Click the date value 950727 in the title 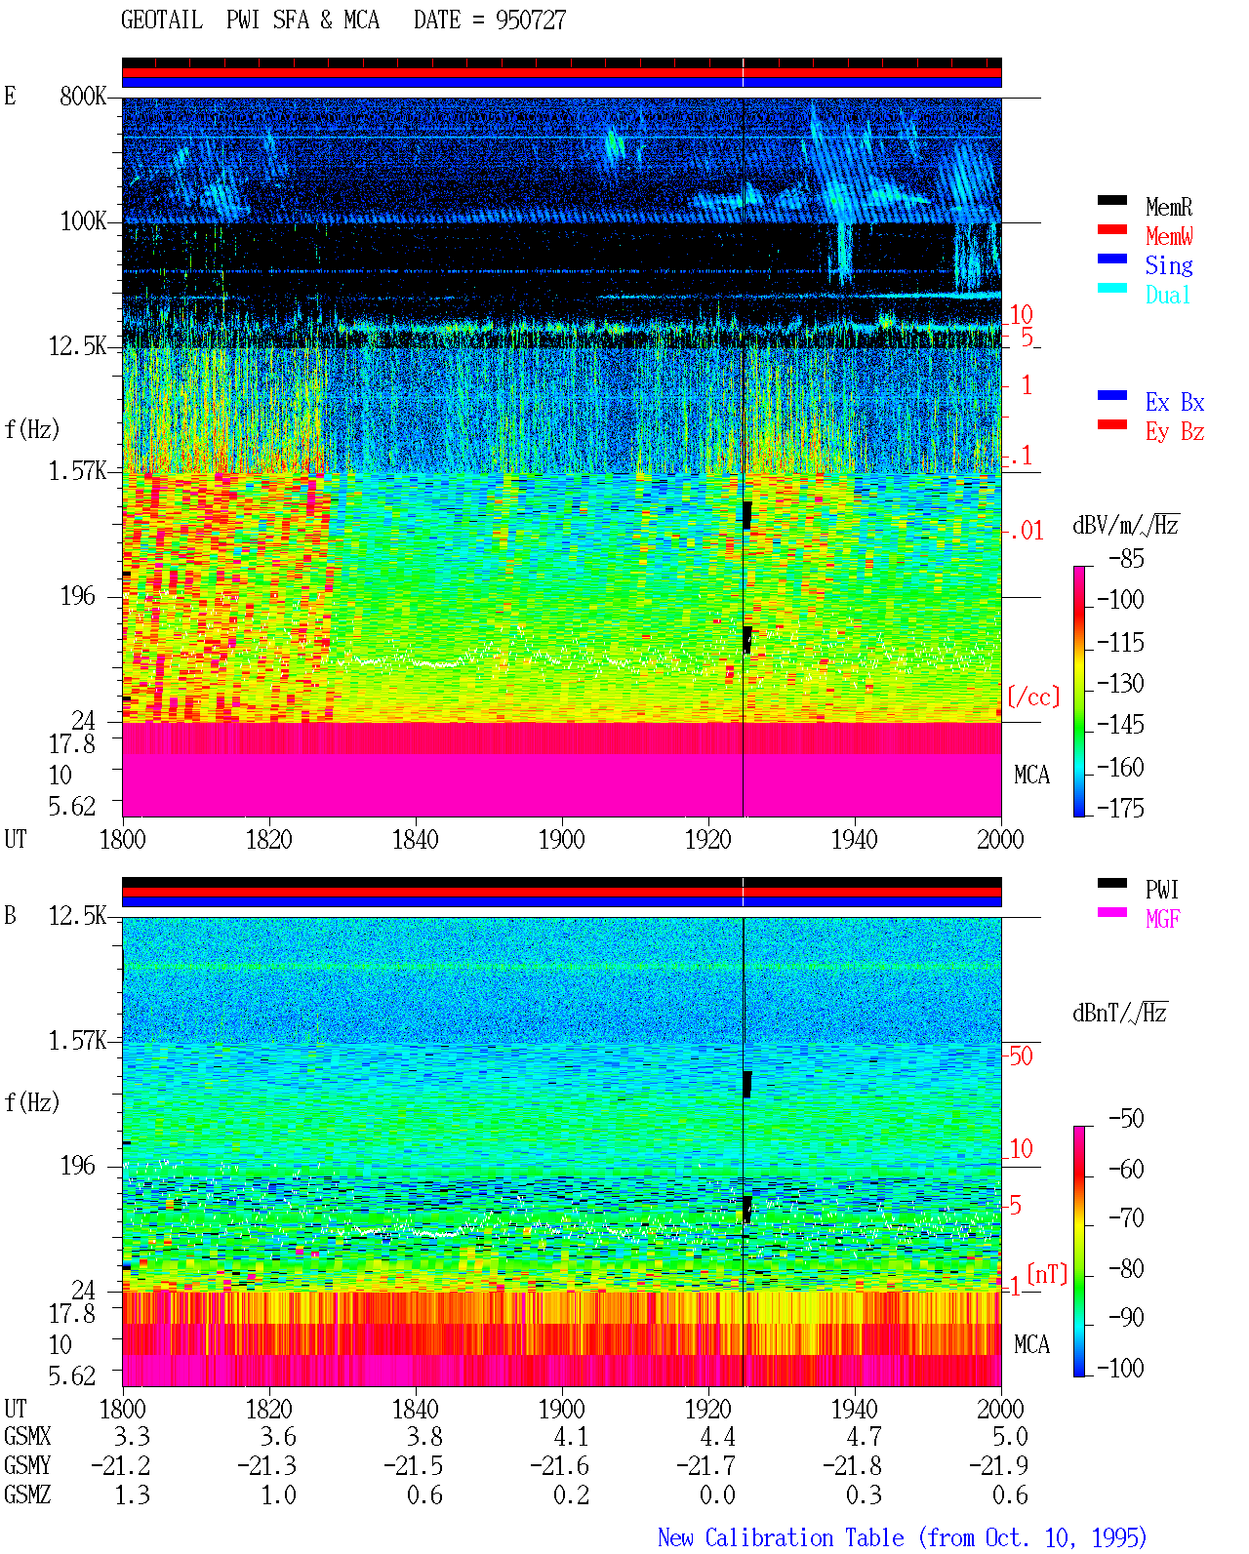pyautogui.click(x=530, y=20)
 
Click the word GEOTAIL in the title pyautogui.click(x=161, y=20)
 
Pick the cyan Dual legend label pyautogui.click(x=1167, y=295)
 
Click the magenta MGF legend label pyautogui.click(x=1162, y=919)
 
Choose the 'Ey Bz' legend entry pyautogui.click(x=1174, y=432)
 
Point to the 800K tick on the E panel pyautogui.click(x=82, y=96)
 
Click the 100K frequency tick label pyautogui.click(x=82, y=220)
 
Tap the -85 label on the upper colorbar pyautogui.click(x=1125, y=558)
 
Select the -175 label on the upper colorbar pyautogui.click(x=1120, y=808)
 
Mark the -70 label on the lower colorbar pyautogui.click(x=1126, y=1217)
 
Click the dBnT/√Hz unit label pyautogui.click(x=1119, y=1013)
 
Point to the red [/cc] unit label pyautogui.click(x=1033, y=697)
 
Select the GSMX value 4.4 pyautogui.click(x=717, y=1436)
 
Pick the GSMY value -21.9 pyautogui.click(x=997, y=1465)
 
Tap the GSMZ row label pyautogui.click(x=27, y=1494)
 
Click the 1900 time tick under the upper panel pyautogui.click(x=561, y=839)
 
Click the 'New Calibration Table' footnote pyautogui.click(x=781, y=1537)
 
